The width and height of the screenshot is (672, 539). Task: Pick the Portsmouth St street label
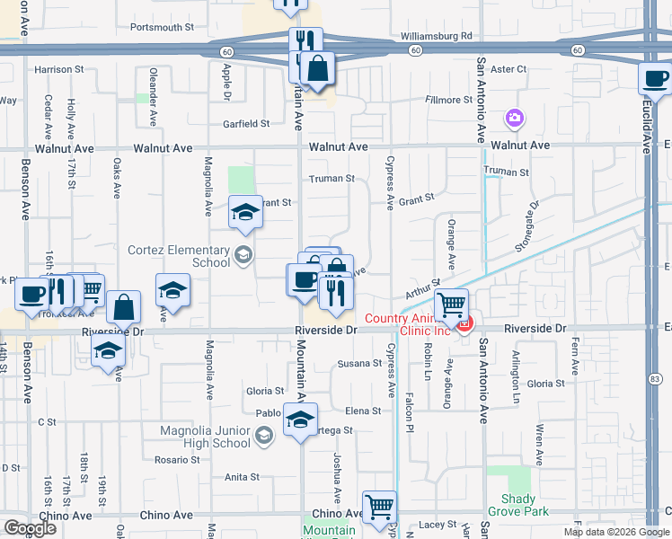tap(162, 28)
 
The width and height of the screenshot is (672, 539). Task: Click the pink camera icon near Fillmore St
tap(515, 117)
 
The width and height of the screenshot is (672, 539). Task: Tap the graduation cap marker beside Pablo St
tap(301, 419)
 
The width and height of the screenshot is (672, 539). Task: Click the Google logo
tap(30, 527)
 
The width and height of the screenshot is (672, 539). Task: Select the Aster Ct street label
tap(508, 69)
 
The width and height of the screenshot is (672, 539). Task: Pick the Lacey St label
tap(438, 524)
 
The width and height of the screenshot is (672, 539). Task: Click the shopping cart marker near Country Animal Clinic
tap(451, 305)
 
